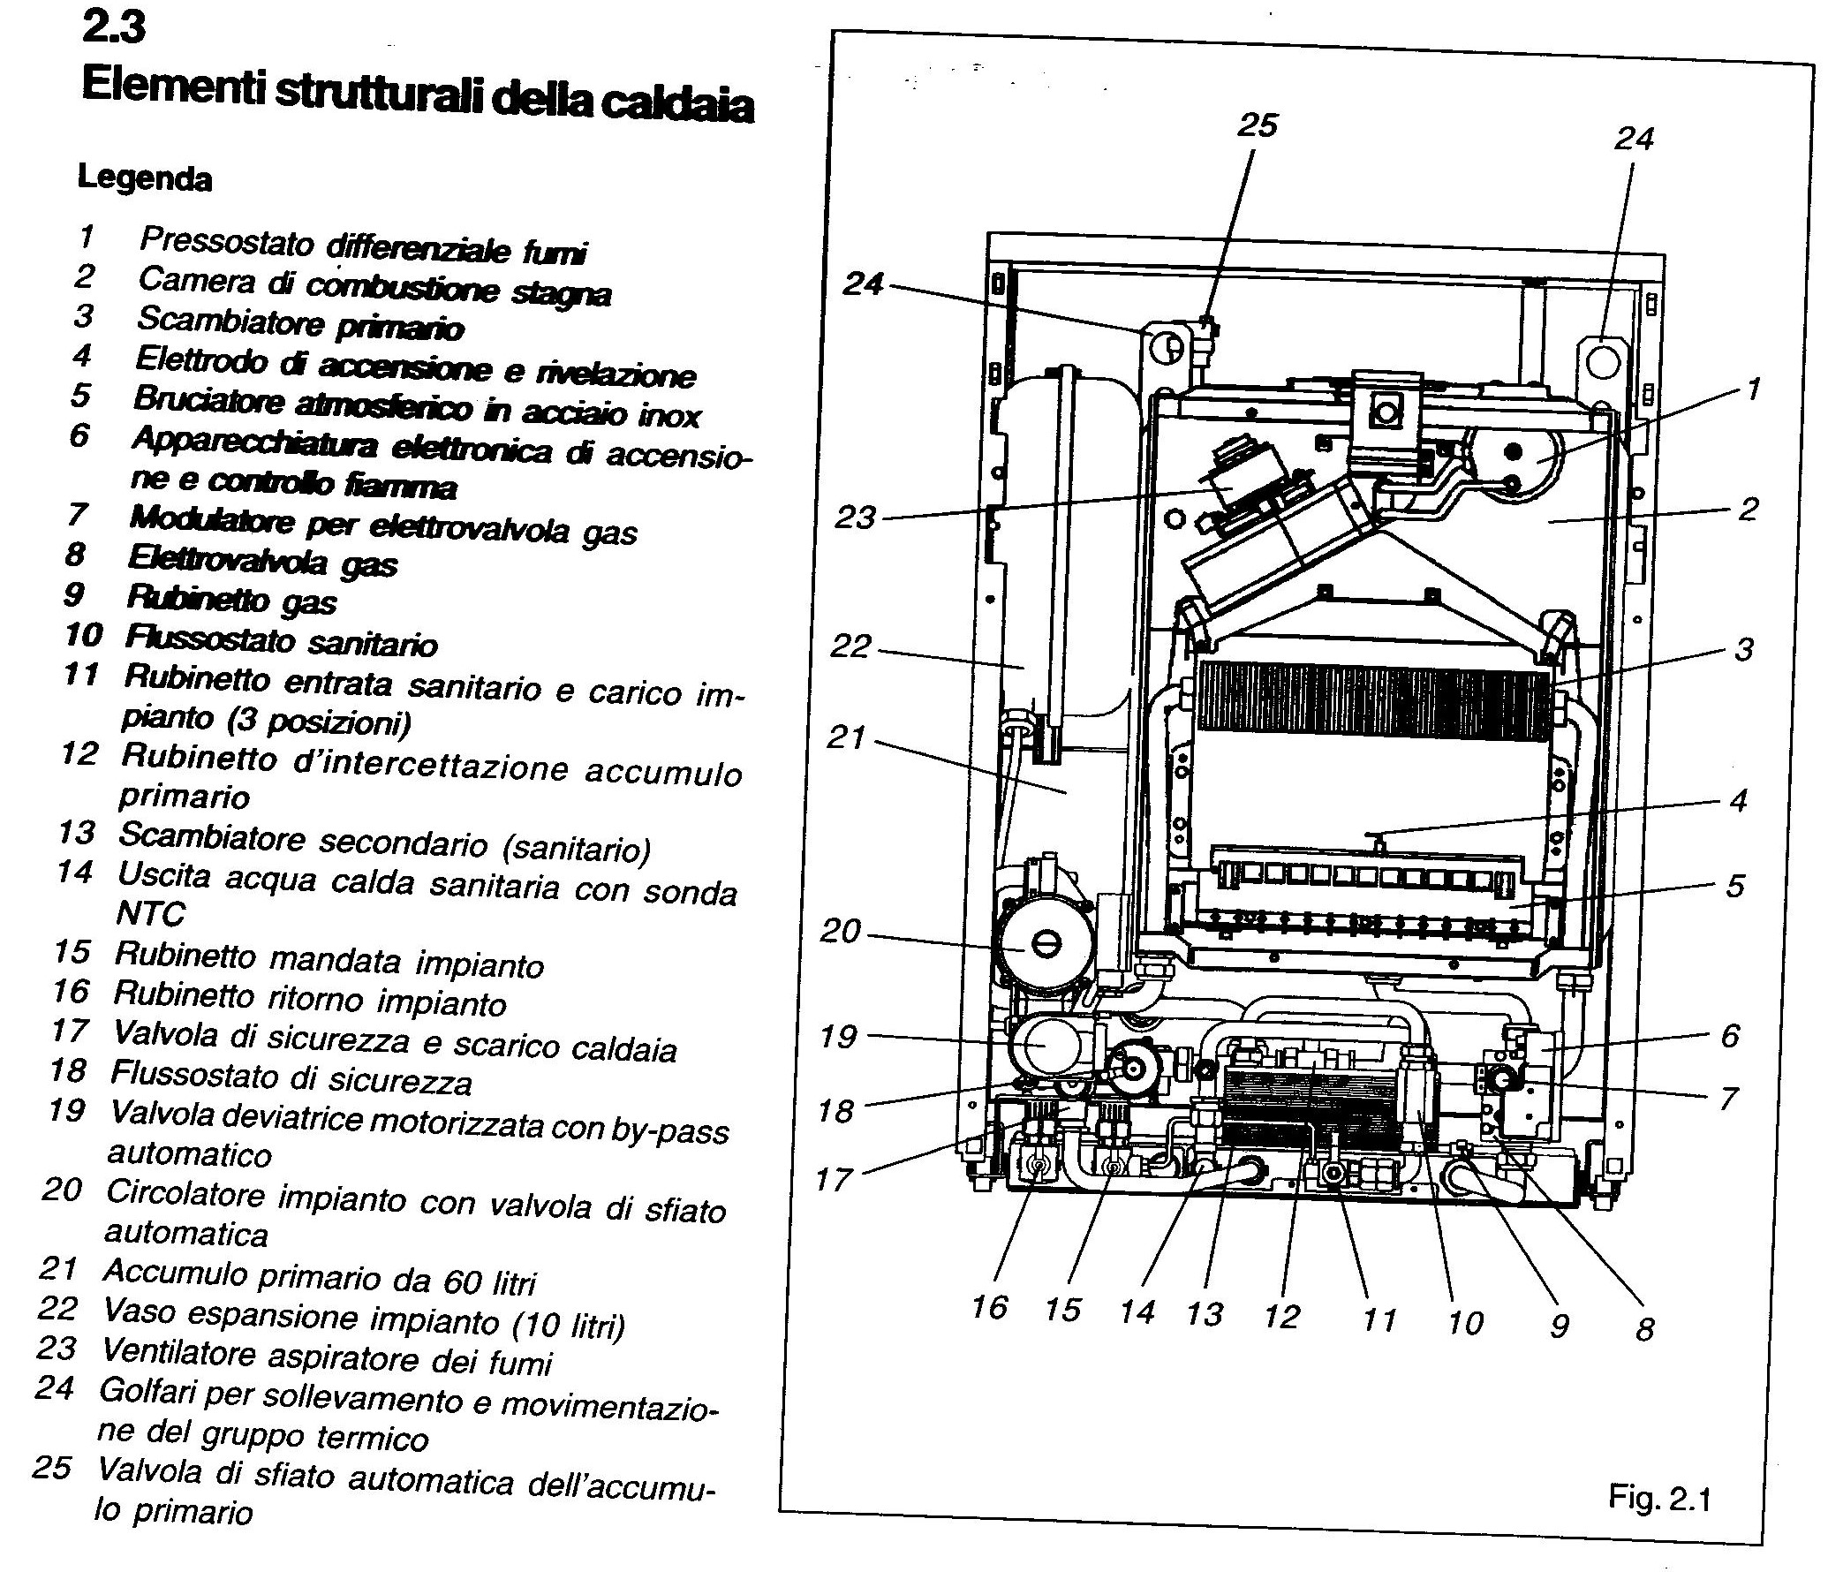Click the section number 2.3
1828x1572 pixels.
pyautogui.click(x=113, y=28)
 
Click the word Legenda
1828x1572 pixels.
pyautogui.click(x=145, y=179)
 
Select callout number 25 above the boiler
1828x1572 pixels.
pyautogui.click(x=1257, y=125)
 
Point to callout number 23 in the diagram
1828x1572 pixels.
pyautogui.click(x=855, y=517)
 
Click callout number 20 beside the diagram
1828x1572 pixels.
pyautogui.click(x=839, y=931)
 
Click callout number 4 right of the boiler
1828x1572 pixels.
pyautogui.click(x=1738, y=801)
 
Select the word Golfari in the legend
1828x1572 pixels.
pyautogui.click(x=147, y=1393)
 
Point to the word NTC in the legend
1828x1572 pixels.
pyautogui.click(x=150, y=914)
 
